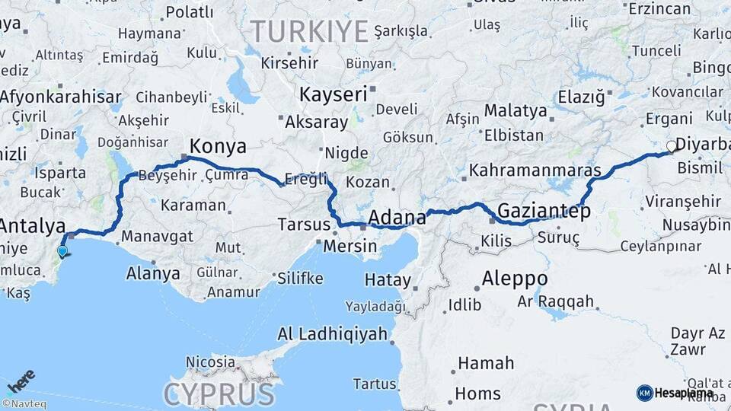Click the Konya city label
click(x=218, y=146)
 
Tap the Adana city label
click(x=397, y=218)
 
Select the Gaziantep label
click(x=544, y=211)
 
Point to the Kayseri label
click(x=334, y=94)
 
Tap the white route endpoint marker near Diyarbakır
click(x=671, y=146)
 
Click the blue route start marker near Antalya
click(x=62, y=250)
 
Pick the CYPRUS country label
click(x=219, y=394)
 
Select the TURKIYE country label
click(x=309, y=31)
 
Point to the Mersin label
click(x=350, y=246)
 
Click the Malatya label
click(x=516, y=110)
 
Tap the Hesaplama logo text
click(x=684, y=393)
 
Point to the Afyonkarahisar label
click(x=61, y=97)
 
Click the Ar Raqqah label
click(x=556, y=301)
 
